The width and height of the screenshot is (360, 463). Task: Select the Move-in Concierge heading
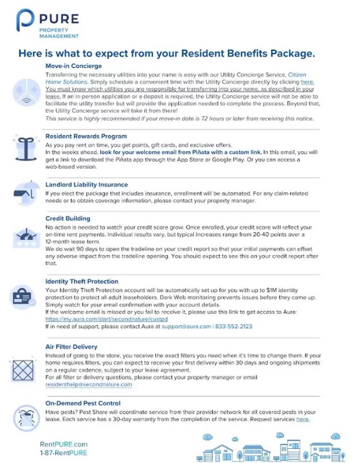click(x=74, y=66)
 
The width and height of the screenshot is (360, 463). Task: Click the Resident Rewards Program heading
click(x=86, y=136)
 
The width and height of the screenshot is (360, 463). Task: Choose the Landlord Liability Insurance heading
click(x=87, y=185)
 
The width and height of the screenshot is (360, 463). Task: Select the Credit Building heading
click(x=68, y=219)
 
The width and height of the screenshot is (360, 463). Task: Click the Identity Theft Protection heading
click(x=82, y=282)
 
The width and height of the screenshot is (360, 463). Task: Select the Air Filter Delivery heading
click(x=71, y=347)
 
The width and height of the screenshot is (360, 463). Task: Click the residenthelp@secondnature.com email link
click(x=89, y=385)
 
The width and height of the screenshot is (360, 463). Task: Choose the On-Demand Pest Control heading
click(x=83, y=403)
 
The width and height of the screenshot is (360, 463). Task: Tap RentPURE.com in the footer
click(x=63, y=444)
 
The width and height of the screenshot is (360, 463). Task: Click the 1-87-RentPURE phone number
click(x=63, y=453)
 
